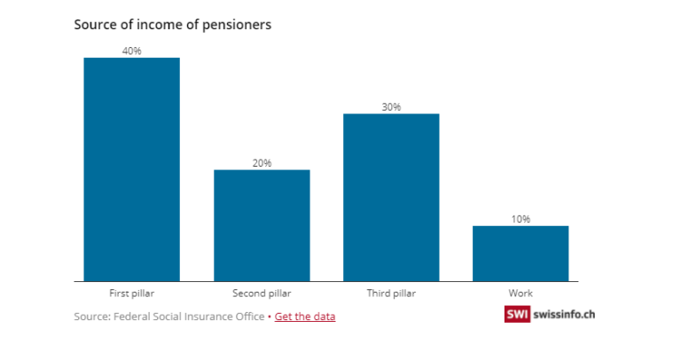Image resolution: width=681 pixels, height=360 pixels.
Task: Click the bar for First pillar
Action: click(131, 169)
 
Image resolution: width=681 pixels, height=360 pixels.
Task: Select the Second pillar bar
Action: click(262, 225)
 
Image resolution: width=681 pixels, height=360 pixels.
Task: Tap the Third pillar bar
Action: click(391, 198)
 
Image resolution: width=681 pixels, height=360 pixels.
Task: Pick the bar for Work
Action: click(521, 254)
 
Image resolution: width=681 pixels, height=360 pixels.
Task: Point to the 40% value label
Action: click(131, 51)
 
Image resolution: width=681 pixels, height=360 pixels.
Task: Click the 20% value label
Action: click(262, 163)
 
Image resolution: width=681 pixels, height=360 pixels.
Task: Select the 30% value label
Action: click(391, 106)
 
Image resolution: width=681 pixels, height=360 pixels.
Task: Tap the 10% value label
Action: click(521, 219)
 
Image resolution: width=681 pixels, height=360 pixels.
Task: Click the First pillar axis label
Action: click(131, 293)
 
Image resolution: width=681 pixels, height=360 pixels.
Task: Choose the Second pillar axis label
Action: click(262, 293)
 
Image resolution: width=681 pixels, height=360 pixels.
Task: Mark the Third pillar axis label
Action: click(391, 293)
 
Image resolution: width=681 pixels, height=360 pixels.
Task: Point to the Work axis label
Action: click(521, 293)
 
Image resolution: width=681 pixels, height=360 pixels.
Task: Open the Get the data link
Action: click(305, 317)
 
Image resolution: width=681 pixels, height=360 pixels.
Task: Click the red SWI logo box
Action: click(517, 314)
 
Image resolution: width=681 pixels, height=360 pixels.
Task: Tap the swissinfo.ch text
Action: click(564, 315)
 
